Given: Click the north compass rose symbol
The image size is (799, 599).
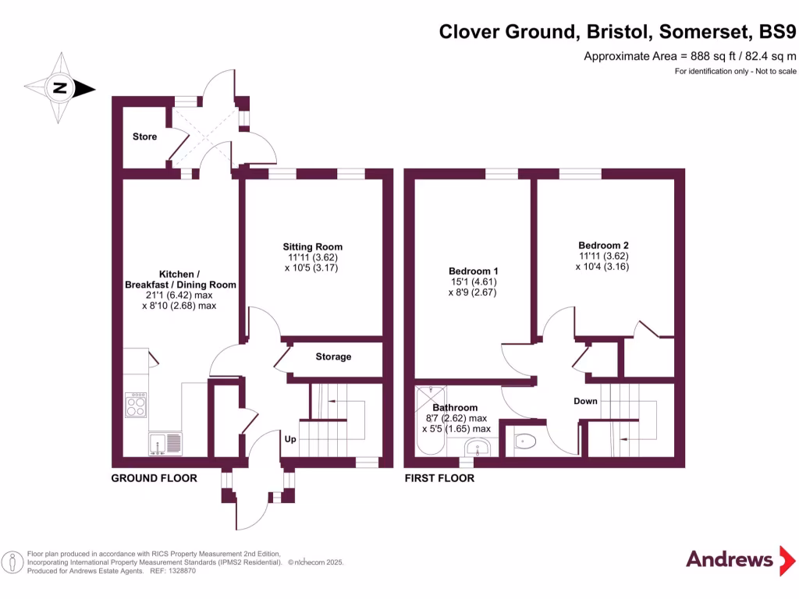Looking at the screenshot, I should point(59,88).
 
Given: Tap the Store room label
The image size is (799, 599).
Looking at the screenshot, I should point(144,136).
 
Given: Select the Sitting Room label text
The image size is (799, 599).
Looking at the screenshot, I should point(312,247).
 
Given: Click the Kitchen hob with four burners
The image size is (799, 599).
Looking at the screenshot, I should point(136,404).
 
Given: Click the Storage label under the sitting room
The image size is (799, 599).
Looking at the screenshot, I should point(333,356).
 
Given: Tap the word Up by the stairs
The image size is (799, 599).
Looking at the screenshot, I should point(289,439).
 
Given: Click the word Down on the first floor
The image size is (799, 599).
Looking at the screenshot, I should point(585,401).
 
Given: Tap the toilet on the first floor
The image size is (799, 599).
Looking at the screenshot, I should point(525,441).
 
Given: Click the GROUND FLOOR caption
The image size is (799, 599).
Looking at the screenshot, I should point(154,478).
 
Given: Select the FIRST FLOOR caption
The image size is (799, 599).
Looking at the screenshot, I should point(439,478).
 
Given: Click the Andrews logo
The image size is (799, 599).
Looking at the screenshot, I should point(729,558).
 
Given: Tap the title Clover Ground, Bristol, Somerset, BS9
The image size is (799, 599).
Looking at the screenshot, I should point(618,32).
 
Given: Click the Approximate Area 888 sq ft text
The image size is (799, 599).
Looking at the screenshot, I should point(690,56).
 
